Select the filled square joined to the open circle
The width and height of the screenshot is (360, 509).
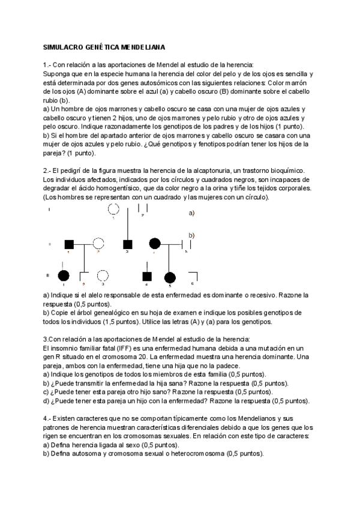(69, 244)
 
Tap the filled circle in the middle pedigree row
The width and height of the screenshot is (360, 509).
(155, 244)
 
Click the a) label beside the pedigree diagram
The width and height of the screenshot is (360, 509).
(192, 212)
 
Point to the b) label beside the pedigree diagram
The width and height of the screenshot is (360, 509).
(192, 235)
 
